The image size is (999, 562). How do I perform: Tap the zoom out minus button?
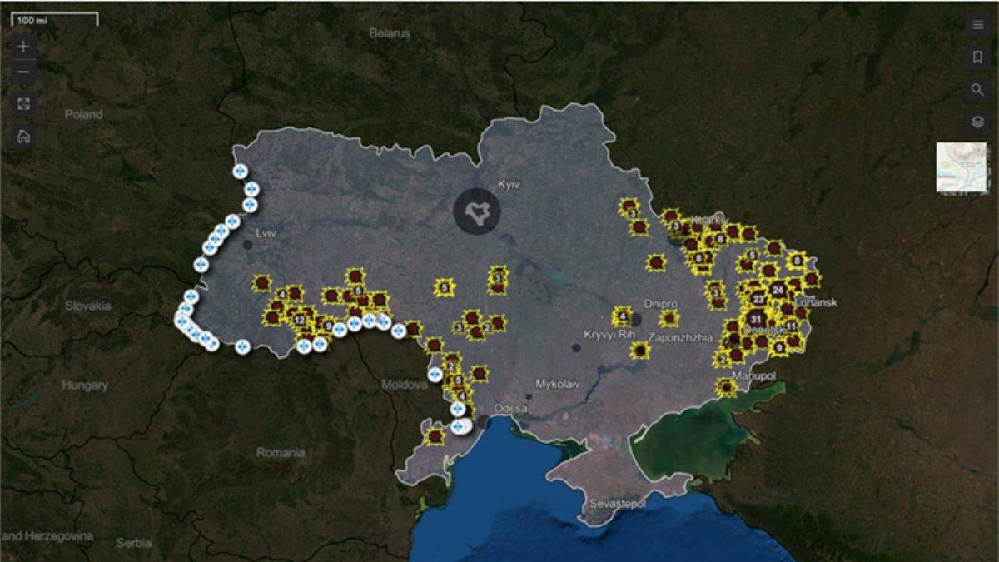(23, 72)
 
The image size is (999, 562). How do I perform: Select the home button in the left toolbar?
(23, 137)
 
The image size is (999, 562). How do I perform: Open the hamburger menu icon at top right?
(977, 25)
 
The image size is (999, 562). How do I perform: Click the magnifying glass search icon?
(977, 89)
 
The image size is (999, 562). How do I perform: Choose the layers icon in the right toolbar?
(977, 122)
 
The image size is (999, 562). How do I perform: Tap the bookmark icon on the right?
(977, 57)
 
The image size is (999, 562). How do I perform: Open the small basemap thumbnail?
(961, 167)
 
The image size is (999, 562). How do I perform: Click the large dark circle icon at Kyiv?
(476, 211)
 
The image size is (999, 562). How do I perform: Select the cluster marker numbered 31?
(756, 319)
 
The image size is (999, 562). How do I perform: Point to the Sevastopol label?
(618, 505)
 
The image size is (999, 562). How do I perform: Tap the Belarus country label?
(390, 34)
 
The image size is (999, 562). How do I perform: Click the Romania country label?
(281, 453)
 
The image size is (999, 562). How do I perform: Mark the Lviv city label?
(266, 234)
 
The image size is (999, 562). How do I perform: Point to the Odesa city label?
(511, 408)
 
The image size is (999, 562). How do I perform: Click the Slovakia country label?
(88, 306)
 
